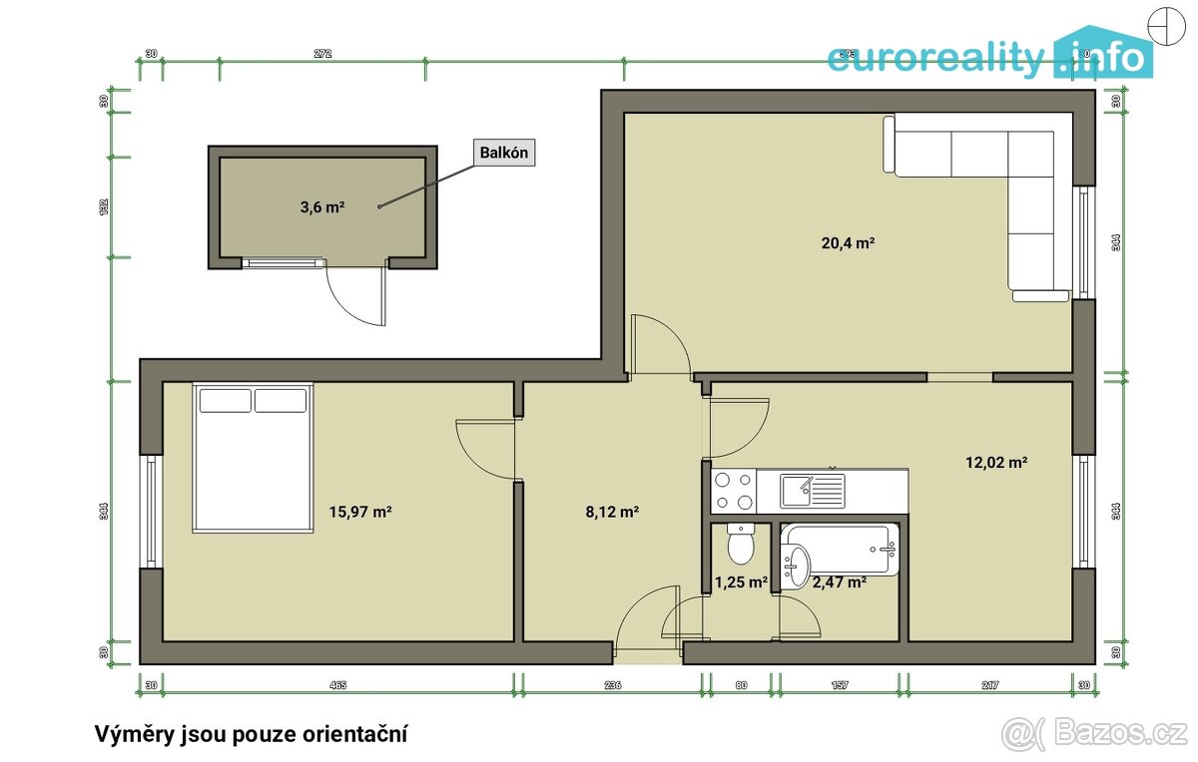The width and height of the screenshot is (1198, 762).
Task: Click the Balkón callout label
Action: click(x=504, y=153)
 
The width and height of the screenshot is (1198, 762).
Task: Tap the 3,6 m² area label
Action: click(x=322, y=207)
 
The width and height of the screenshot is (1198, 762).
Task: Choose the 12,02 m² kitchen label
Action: click(x=996, y=462)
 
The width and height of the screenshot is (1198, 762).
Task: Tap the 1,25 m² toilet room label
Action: click(x=740, y=582)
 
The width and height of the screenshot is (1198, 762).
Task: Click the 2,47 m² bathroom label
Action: click(x=839, y=582)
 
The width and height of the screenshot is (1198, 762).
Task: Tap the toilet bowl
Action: click(x=740, y=545)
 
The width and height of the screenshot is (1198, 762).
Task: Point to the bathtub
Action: click(x=844, y=549)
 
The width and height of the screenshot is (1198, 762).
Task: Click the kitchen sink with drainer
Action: click(x=813, y=491)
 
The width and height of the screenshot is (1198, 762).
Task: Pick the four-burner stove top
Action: click(x=733, y=491)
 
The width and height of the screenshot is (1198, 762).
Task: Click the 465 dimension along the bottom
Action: click(x=337, y=685)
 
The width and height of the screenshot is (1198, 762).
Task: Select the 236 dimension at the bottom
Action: click(x=612, y=685)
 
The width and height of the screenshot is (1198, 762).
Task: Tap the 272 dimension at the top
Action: click(x=321, y=53)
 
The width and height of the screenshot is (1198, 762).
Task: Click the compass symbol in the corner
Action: click(x=1164, y=25)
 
